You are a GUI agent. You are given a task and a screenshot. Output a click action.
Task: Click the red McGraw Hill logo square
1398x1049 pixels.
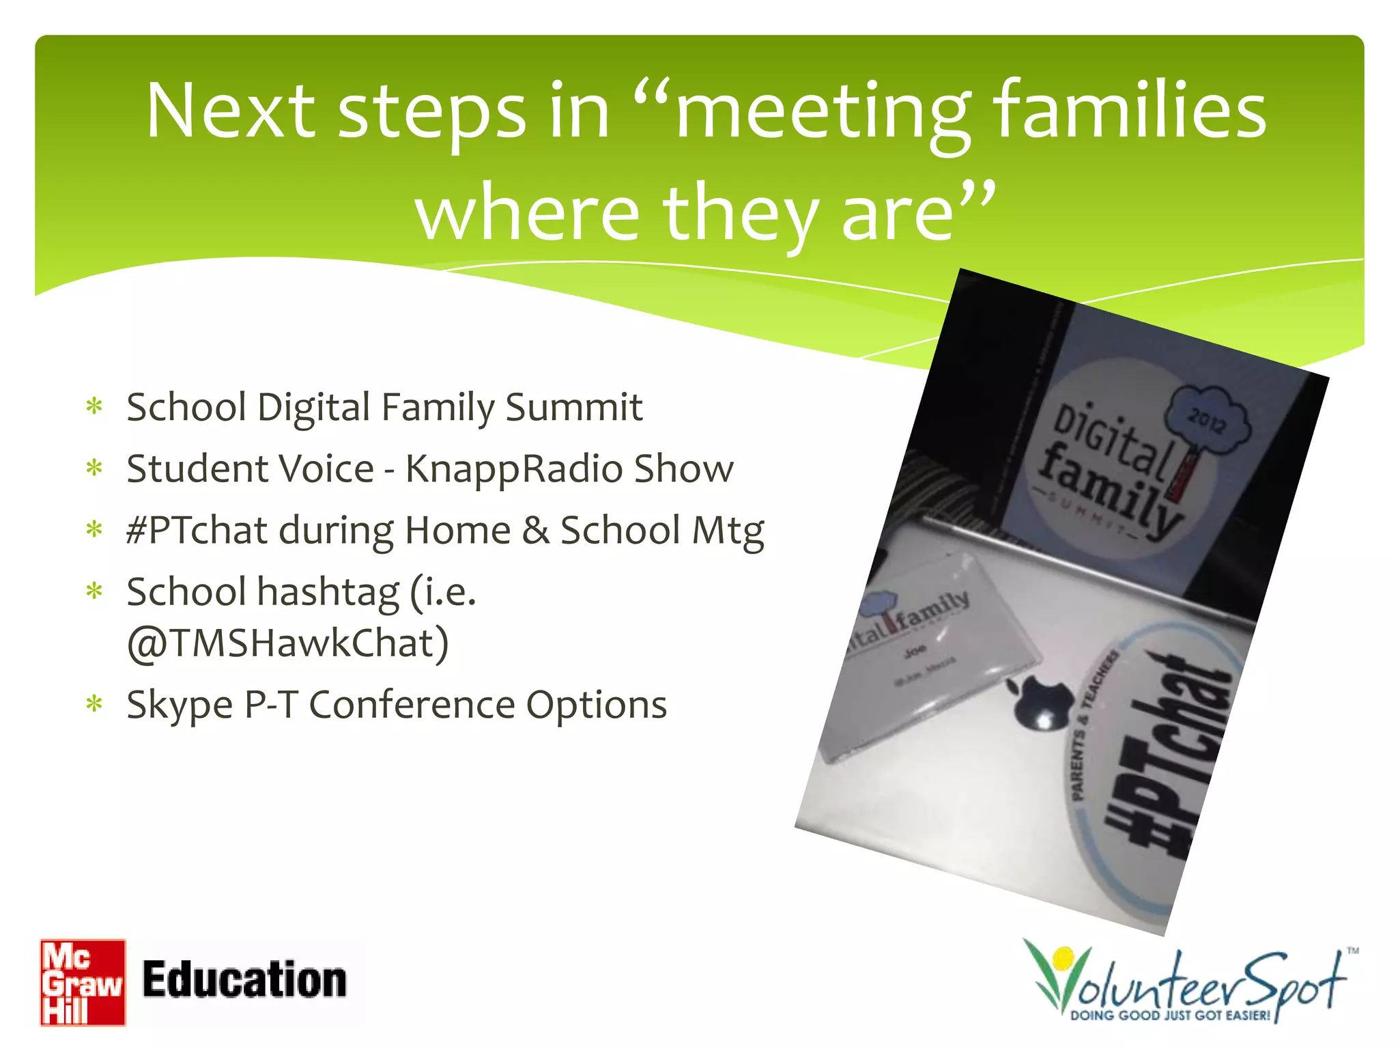pos(83,982)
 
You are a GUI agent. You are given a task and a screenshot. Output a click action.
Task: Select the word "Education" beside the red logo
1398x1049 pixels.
pos(244,980)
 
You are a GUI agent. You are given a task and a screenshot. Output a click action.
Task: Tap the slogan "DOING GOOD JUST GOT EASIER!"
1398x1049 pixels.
pos(1170,1016)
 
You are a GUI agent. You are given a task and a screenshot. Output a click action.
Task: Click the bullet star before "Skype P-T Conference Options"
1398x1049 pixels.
pos(94,704)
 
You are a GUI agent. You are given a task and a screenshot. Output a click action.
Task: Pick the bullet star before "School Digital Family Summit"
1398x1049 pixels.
pos(94,407)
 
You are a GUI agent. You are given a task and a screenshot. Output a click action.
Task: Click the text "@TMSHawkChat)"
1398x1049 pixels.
pos(287,643)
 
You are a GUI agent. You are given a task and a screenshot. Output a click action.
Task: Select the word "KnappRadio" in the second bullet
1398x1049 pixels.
pos(513,469)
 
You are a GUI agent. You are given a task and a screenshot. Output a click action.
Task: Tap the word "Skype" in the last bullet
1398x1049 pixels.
pos(180,705)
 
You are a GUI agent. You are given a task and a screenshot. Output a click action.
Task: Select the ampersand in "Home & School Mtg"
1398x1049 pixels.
pos(536,531)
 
